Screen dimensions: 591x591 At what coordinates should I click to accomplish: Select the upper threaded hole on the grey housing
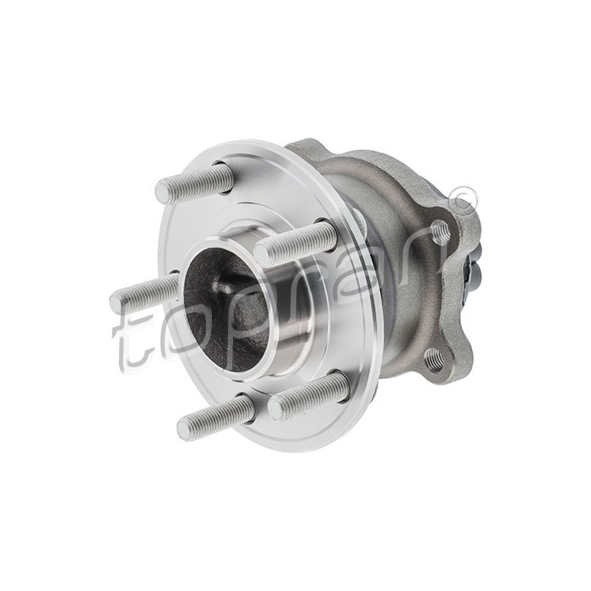point(439,232)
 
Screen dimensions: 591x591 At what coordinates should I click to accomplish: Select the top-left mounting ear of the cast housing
point(304,149)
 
